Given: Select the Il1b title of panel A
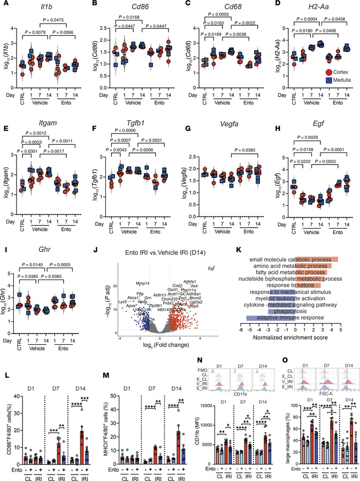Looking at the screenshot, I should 51,5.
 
